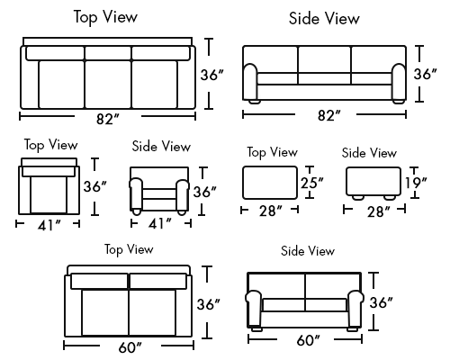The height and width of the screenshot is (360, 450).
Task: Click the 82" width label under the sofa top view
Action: (108, 119)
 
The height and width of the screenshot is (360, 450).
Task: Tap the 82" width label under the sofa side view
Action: (329, 115)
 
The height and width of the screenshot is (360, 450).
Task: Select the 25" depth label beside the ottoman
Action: (312, 183)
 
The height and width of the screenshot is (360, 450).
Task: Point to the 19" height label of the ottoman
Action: (416, 183)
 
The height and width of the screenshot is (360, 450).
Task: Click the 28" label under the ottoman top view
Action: (271, 211)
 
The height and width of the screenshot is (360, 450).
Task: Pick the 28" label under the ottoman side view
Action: (379, 211)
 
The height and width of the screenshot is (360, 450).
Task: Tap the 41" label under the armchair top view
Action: (49, 225)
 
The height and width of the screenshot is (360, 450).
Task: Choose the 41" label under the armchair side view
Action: (160, 224)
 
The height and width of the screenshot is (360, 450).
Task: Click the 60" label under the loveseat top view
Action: (130, 347)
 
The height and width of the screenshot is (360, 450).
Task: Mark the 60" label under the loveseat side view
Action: (309, 340)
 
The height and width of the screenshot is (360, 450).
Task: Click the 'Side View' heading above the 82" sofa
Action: (324, 19)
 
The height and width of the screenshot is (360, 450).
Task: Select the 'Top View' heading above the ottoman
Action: (273, 153)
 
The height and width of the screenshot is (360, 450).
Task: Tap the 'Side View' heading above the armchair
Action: (161, 147)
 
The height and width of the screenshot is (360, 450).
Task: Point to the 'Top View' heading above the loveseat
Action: (129, 250)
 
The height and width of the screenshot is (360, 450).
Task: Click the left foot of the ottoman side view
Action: (357, 197)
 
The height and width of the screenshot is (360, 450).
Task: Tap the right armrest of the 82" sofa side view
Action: (399, 81)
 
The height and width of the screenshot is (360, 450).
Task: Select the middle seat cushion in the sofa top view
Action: (108, 85)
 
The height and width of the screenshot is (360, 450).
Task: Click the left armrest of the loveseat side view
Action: (254, 309)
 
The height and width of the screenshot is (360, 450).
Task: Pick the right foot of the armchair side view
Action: (181, 211)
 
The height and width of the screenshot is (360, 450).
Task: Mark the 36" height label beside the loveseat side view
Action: (381, 302)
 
